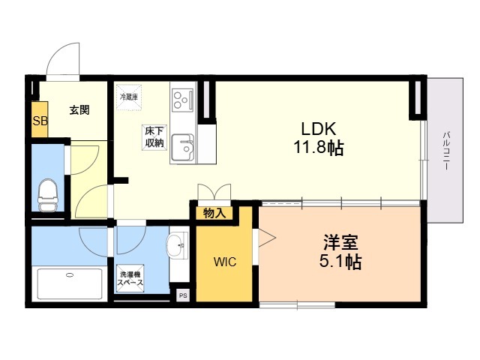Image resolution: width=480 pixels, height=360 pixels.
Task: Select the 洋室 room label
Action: point(340,243)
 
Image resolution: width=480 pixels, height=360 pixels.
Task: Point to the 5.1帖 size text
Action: point(340,263)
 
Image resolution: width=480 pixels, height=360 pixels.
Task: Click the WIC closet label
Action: point(225,262)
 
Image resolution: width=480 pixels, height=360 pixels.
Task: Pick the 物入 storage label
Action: point(214,213)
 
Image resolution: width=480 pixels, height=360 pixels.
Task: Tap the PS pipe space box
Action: point(182,295)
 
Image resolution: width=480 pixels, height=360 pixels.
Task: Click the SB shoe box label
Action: point(39,121)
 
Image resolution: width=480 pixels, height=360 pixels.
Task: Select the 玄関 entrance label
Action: point(79,110)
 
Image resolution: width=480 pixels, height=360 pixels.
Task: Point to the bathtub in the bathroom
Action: point(70,283)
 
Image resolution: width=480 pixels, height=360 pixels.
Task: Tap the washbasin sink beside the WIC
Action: point(178,244)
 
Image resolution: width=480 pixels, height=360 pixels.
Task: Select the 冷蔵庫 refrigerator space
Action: point(127,97)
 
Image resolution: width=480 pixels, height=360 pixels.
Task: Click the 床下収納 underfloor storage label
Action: point(154,137)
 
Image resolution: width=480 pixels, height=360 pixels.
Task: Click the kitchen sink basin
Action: point(181,147)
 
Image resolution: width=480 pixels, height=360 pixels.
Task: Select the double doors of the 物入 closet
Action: point(214,193)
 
